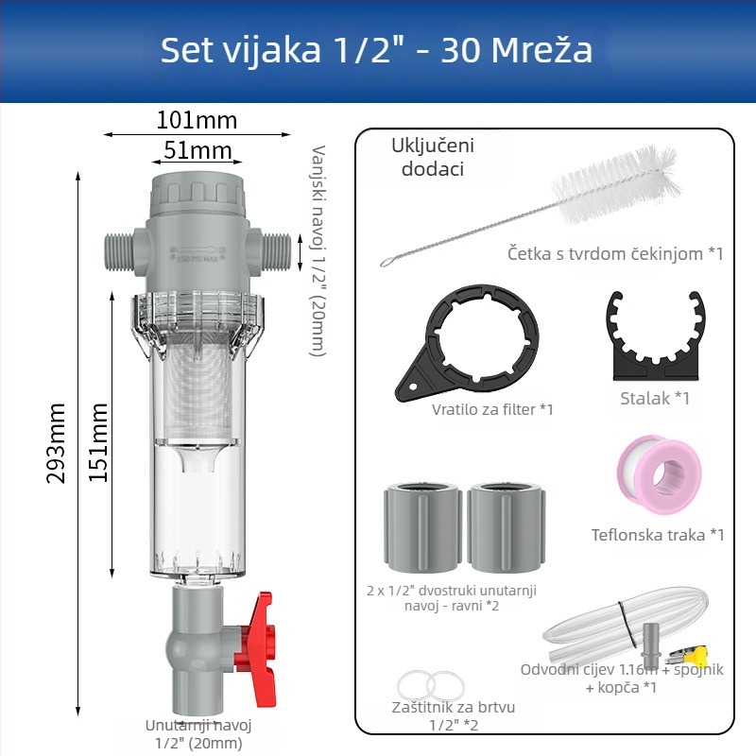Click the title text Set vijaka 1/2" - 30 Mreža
(x=376, y=50)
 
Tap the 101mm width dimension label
(x=196, y=120)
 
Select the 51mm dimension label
(x=197, y=150)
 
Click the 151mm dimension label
(x=98, y=441)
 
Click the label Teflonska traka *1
(x=658, y=535)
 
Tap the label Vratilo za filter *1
(x=491, y=409)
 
